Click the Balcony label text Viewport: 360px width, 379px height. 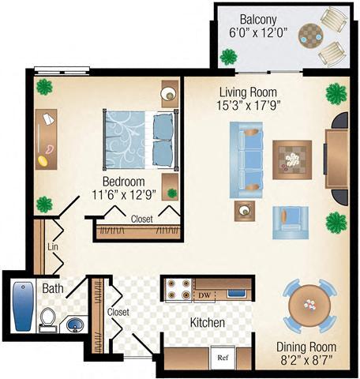click(257, 18)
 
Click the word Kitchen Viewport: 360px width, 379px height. click(207, 323)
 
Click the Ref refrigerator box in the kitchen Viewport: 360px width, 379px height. click(223, 357)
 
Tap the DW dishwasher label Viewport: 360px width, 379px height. click(204, 295)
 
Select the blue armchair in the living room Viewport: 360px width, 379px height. click(286, 221)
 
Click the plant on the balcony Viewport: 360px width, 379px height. click(229, 57)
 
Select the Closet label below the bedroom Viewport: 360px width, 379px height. click(141, 219)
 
